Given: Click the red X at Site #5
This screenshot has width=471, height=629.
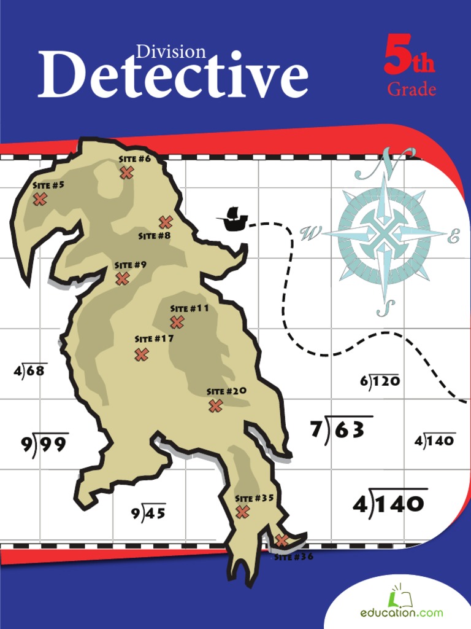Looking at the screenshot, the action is coord(40,199).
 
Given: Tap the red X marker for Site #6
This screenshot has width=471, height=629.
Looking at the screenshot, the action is coord(126,173).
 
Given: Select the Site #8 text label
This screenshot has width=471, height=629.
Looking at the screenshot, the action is coord(155,235).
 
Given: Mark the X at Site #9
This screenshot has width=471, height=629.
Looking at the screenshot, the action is coord(123,279).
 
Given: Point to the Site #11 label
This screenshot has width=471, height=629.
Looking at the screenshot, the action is coord(190,308).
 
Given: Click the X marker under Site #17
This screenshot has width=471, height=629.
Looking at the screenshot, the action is coord(142,354).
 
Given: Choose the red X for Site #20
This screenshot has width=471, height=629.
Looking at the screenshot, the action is coord(215,405).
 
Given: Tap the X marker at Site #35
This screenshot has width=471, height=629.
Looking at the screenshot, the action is coord(242,512).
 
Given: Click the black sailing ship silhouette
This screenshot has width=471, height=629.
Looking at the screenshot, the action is coord(232,219).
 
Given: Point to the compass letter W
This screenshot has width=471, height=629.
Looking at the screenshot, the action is coord(311,233).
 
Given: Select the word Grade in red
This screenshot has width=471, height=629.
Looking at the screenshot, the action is coord(412,90).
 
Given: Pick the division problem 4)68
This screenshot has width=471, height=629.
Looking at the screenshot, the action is coord(30,370).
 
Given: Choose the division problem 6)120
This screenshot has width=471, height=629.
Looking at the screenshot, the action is coord(380,381).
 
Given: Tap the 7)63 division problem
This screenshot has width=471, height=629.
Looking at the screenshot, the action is coord(341,429).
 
